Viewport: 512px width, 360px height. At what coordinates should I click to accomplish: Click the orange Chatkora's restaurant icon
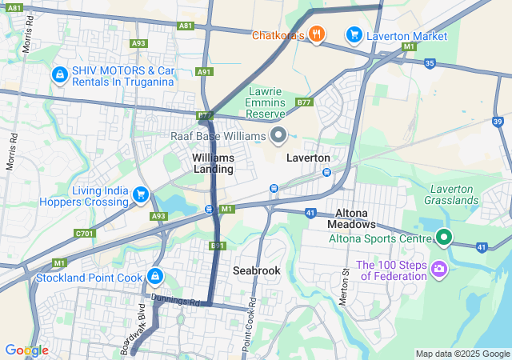[x=318, y=34]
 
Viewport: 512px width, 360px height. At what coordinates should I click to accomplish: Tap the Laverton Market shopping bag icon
[x=353, y=34]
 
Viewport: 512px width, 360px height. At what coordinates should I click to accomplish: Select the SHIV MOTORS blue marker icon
[x=58, y=74]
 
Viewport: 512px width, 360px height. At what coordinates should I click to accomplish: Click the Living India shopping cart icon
[x=141, y=194]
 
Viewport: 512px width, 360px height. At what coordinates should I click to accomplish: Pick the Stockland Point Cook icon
[x=154, y=278]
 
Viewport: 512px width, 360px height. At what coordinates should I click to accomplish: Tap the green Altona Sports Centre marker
[x=444, y=238]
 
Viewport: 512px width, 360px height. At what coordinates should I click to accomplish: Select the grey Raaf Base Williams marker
[x=278, y=135]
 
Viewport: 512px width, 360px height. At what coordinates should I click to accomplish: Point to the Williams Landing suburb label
[x=213, y=163]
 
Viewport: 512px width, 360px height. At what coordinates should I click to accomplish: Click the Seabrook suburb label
[x=256, y=270]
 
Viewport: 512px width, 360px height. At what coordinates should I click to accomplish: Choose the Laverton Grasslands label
[x=452, y=194]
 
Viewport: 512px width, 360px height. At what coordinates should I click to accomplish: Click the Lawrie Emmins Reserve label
[x=266, y=102]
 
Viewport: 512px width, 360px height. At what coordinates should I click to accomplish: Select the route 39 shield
[x=498, y=121]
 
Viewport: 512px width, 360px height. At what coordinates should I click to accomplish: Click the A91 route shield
[x=203, y=72]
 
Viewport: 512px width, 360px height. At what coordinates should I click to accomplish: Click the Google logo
[x=26, y=350]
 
